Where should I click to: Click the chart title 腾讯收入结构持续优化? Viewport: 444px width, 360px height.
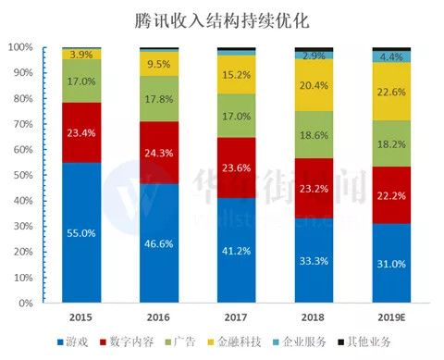click(x=222, y=19)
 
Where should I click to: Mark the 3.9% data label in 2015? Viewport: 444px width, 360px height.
click(x=80, y=55)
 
